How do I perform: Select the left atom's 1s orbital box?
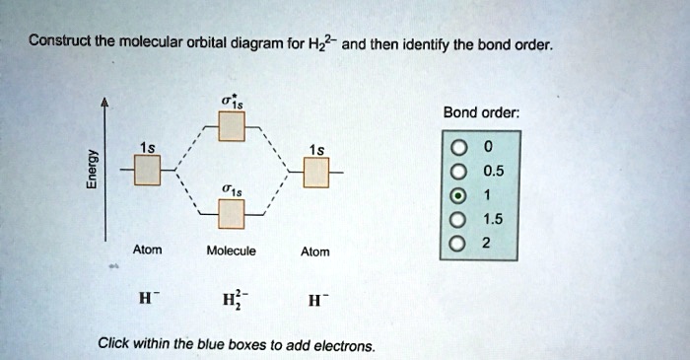tap(146, 172)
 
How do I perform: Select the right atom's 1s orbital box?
tap(315, 172)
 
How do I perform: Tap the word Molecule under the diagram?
tap(232, 251)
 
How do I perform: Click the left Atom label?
tap(146, 249)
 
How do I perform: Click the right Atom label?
tap(315, 252)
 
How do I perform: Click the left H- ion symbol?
tap(147, 298)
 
